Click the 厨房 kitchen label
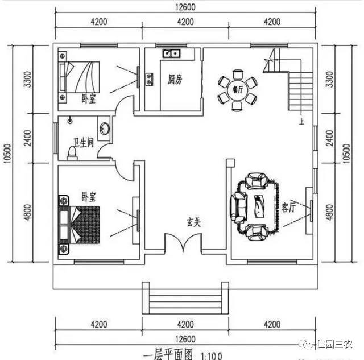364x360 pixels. point(175,80)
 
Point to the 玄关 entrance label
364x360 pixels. point(193,222)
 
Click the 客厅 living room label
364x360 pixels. point(288,209)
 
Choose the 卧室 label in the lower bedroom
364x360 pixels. point(88,197)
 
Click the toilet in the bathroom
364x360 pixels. point(72,152)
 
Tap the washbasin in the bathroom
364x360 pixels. point(104,128)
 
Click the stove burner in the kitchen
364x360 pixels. point(149,78)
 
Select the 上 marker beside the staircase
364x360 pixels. point(300,121)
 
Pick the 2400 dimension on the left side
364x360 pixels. point(28,138)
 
